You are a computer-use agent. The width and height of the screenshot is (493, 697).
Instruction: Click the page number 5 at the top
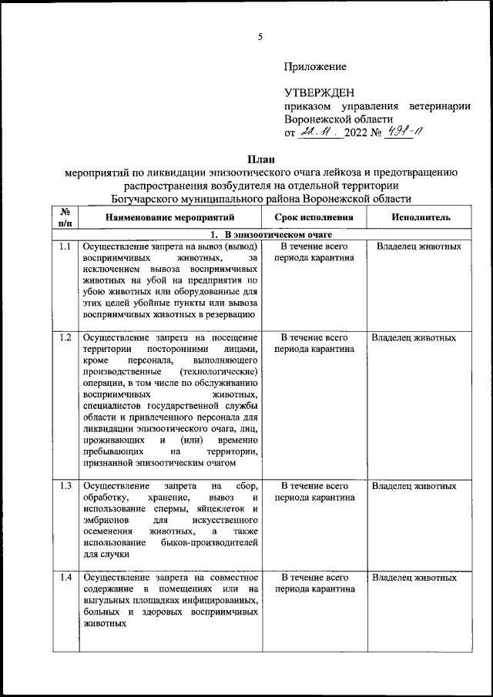[x=260, y=37]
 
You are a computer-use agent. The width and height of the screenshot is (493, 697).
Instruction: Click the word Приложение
[x=315, y=67]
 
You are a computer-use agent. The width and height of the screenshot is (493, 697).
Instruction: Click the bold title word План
[x=260, y=159]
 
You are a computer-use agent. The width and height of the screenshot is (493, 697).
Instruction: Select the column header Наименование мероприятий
[x=171, y=217]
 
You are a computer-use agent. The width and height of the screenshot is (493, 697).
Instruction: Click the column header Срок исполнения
[x=314, y=217]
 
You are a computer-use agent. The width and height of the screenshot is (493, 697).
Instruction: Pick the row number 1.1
[x=65, y=247]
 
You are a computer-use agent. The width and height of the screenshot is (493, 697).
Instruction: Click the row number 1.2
[x=65, y=337]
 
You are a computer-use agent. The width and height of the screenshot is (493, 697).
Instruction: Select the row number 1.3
[x=65, y=486]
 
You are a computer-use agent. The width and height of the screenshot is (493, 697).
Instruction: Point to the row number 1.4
[x=65, y=577]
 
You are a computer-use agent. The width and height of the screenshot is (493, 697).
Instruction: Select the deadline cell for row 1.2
[x=314, y=343]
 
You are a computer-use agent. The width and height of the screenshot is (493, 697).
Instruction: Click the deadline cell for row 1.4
[x=314, y=582]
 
